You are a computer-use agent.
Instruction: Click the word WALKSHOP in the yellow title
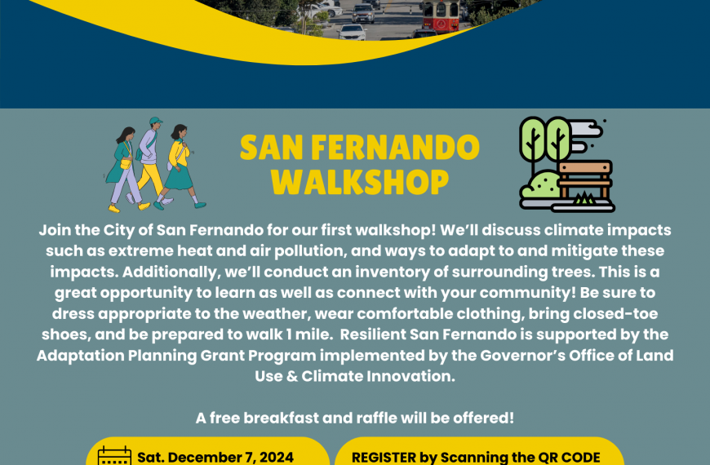pos(360,182)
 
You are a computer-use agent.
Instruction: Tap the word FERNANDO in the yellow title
pos(395,148)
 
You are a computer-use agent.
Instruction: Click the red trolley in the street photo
pos(441,15)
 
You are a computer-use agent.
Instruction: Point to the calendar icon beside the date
pos(114,455)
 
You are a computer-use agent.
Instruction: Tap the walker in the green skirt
pos(180,166)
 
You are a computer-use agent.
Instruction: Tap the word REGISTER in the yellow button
pos(384,458)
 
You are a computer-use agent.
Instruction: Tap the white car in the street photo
pos(352,33)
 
